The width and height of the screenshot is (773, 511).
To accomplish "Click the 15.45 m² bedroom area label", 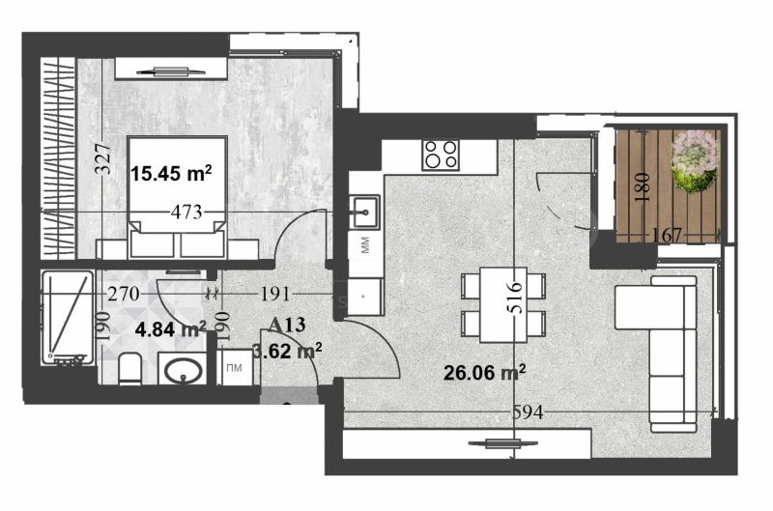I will [171, 174].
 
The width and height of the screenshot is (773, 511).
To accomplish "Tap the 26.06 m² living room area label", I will [484, 371].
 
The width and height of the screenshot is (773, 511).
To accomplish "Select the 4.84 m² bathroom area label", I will [170, 328].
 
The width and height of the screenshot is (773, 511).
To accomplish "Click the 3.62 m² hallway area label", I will [287, 352].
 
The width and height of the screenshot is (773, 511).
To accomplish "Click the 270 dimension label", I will [125, 293].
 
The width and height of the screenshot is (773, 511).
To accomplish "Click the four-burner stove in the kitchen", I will [440, 155].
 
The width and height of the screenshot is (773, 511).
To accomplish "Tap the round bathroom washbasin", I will [181, 370].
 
